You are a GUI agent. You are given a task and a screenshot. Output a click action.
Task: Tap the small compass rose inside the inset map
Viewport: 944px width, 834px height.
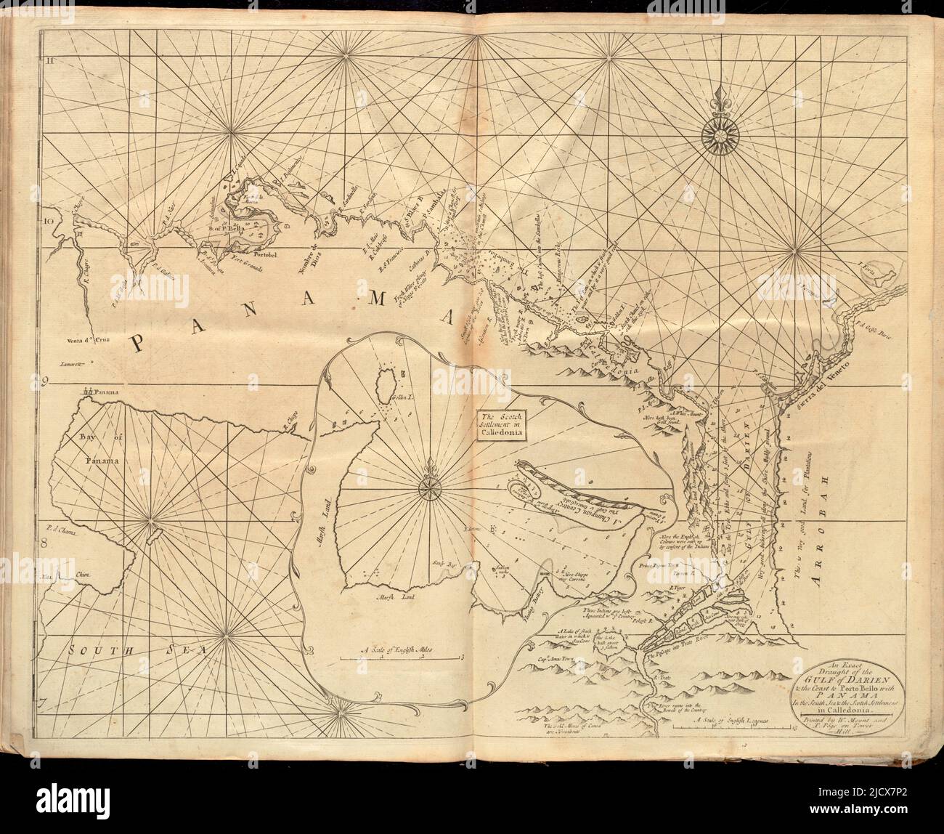click(426, 487)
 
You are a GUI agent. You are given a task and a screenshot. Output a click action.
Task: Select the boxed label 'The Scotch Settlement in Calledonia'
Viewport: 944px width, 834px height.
click(501, 423)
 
